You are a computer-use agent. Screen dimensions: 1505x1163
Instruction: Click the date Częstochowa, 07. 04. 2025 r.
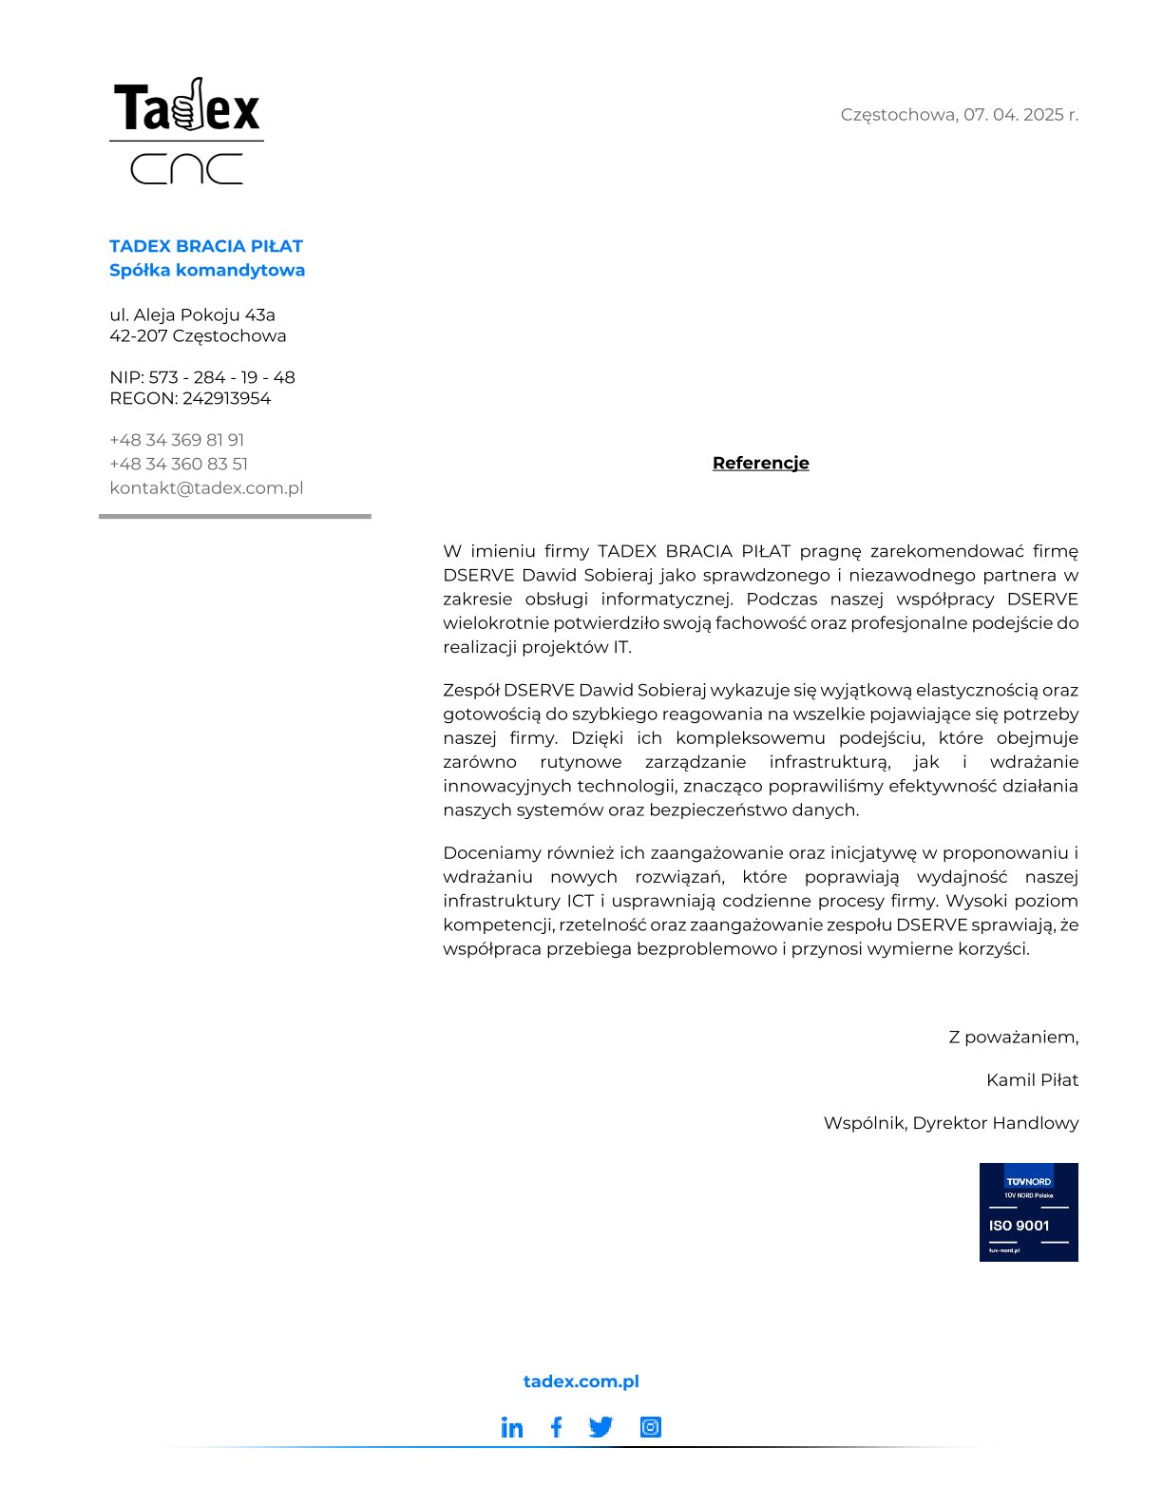coord(959,115)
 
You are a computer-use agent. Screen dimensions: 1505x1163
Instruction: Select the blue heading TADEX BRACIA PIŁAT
coord(205,246)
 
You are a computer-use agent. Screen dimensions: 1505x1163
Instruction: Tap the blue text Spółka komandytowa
coord(207,270)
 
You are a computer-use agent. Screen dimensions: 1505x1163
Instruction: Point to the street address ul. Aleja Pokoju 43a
coord(192,314)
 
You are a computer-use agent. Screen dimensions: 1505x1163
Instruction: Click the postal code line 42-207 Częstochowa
coord(198,335)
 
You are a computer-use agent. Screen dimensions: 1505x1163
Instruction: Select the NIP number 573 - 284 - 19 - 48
coord(221,377)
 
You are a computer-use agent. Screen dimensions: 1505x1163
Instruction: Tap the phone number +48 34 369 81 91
coord(177,440)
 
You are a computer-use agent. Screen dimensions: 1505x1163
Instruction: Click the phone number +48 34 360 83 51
coord(179,464)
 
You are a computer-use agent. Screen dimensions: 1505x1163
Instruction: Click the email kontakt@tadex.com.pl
coord(206,488)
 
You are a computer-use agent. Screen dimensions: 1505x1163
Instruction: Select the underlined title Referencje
coord(760,463)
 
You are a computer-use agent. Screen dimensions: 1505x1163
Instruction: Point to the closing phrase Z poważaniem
coord(1013,1037)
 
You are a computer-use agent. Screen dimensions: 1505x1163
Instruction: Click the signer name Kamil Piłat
coord(1032,1079)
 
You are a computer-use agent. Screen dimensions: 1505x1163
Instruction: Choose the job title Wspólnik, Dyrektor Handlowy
coord(950,1123)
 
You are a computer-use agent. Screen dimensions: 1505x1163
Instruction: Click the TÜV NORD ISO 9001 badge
coord(1028,1211)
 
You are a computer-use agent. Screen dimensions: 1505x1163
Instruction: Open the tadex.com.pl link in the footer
coord(581,1381)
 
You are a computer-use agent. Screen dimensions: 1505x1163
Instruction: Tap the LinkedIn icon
coord(512,1427)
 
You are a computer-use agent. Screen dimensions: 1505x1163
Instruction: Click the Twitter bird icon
coord(601,1427)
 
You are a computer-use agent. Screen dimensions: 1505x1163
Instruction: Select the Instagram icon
coord(650,1427)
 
